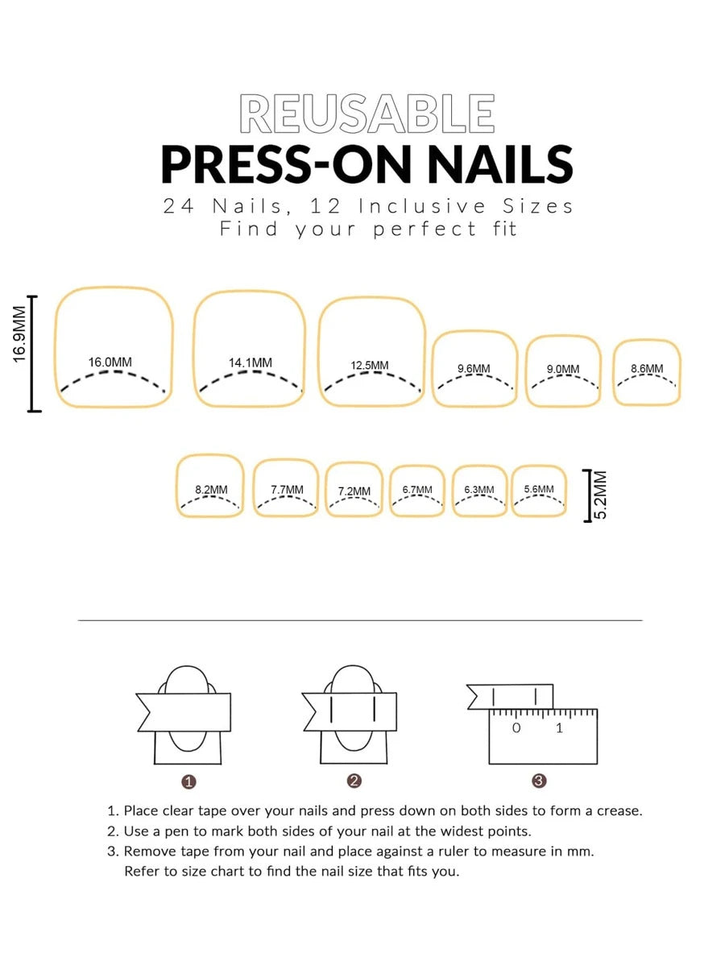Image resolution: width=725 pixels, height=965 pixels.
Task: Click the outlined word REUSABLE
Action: pyautogui.click(x=367, y=114)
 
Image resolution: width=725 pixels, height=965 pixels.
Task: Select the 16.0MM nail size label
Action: pyautogui.click(x=110, y=362)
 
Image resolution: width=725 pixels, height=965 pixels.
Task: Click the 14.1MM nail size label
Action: pyautogui.click(x=251, y=362)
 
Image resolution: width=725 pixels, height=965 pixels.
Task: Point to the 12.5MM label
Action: pyautogui.click(x=370, y=365)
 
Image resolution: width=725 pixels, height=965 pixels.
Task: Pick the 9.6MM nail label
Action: pyautogui.click(x=474, y=368)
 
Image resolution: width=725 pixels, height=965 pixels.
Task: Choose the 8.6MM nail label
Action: pyautogui.click(x=647, y=368)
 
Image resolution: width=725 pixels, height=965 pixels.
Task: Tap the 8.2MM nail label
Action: pyautogui.click(x=211, y=489)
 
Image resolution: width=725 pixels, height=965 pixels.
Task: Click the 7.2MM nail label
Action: pyautogui.click(x=354, y=491)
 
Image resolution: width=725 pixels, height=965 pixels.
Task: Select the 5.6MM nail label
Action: pyautogui.click(x=539, y=489)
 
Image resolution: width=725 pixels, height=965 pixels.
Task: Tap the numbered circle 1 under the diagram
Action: pyautogui.click(x=189, y=781)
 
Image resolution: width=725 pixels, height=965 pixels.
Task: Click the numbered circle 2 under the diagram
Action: pyautogui.click(x=354, y=781)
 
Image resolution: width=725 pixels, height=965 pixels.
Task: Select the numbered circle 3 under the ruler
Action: pyautogui.click(x=539, y=781)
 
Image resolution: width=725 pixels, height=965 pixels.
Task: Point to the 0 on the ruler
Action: pyautogui.click(x=516, y=728)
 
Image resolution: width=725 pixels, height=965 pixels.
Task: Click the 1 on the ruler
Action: pyautogui.click(x=559, y=728)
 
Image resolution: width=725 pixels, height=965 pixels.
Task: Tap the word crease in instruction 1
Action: pyautogui.click(x=619, y=811)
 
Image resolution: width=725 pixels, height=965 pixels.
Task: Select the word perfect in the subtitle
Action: pyautogui.click(x=425, y=229)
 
